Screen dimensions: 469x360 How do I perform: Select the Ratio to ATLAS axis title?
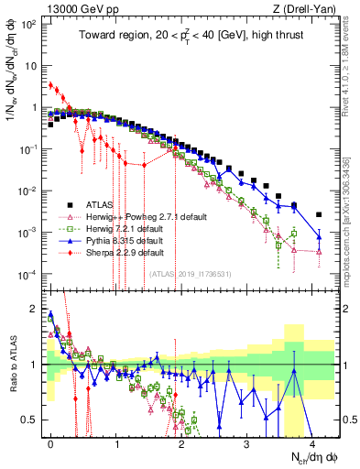[12, 362]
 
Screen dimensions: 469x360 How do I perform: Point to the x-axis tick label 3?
[246, 442]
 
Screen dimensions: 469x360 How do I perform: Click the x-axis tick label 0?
[50, 442]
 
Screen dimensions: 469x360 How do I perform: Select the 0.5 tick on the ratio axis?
[34, 420]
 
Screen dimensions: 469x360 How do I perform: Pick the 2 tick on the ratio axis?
[38, 309]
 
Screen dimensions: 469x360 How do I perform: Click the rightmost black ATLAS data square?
[319, 214]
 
